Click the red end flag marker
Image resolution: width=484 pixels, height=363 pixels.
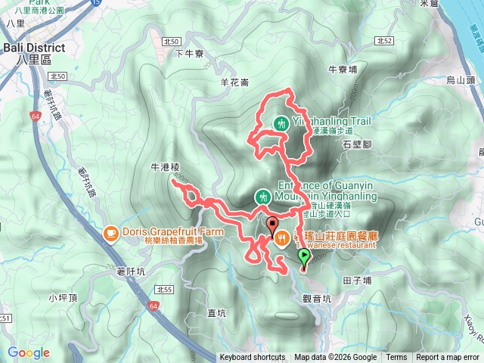click(x=271, y=224)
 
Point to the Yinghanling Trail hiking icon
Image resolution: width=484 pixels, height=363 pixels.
click(x=281, y=122)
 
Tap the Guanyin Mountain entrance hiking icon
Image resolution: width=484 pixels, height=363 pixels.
click(x=262, y=196)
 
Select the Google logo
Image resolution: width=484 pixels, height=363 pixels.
click(x=28, y=352)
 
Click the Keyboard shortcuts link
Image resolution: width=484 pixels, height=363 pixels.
click(x=253, y=358)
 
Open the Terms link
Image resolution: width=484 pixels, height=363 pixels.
click(x=396, y=358)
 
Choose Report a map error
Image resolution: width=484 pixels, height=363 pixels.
click(x=448, y=358)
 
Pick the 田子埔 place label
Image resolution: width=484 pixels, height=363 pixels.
click(x=356, y=280)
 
